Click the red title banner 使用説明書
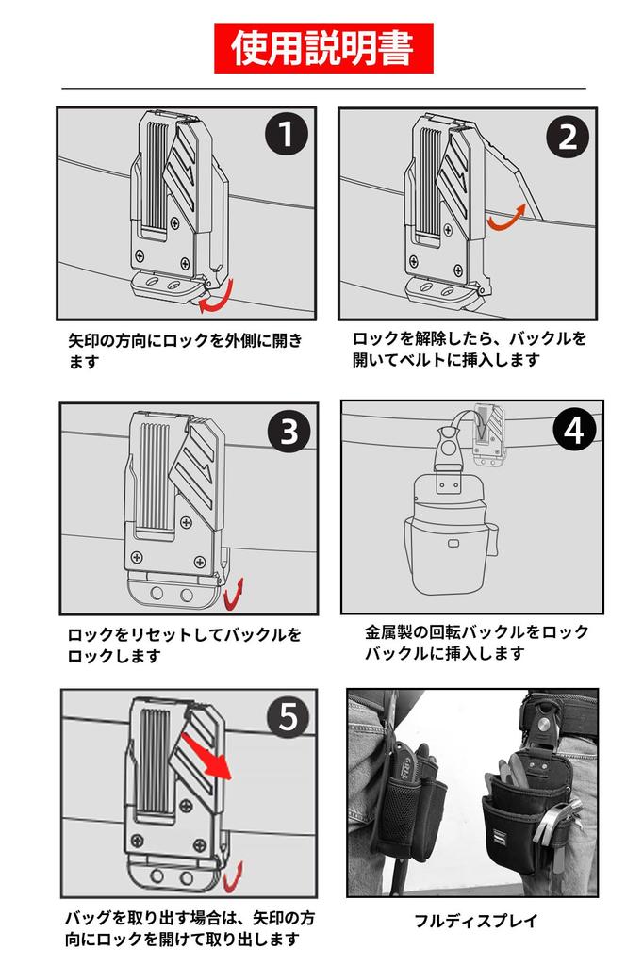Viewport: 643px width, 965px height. pos(323,48)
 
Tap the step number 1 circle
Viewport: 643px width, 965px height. pos(287,134)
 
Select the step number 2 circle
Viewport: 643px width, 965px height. pos(568,137)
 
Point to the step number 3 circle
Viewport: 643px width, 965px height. pos(289,432)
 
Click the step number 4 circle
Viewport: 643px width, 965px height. pos(574,430)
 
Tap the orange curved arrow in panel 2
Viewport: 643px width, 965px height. pos(506,219)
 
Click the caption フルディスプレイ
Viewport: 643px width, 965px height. pos(476,921)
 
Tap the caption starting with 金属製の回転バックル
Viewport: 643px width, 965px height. pos(476,643)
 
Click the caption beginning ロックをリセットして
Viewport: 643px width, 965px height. pos(184,645)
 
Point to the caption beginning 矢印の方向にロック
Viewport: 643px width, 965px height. pos(186,351)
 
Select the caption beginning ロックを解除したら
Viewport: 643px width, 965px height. pos(470,349)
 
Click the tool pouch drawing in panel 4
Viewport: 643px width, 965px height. pos(451,532)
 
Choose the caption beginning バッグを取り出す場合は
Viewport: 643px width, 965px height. pos(190,928)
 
